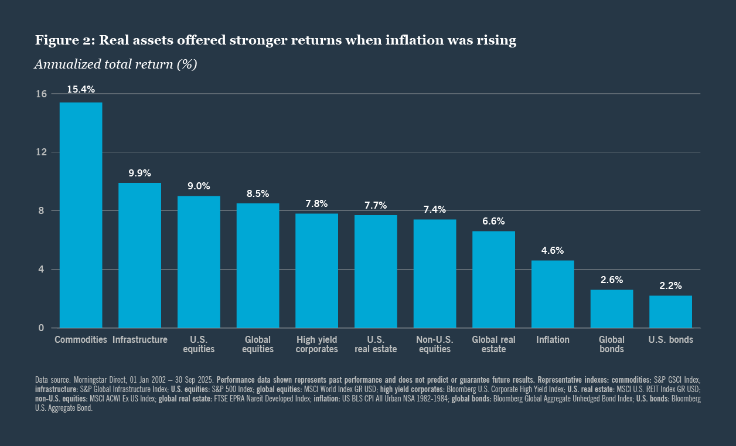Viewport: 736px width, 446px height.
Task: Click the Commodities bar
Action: click(x=81, y=215)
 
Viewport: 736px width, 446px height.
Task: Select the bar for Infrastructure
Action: click(x=140, y=256)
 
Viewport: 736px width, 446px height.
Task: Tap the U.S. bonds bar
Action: click(x=670, y=312)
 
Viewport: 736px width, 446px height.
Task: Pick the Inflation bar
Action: click(x=553, y=294)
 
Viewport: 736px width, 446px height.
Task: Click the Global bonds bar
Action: click(x=611, y=309)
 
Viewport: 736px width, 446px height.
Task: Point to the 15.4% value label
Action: click(x=81, y=90)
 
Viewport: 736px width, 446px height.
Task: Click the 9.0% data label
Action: click(x=199, y=186)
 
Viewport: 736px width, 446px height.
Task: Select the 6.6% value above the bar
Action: click(x=493, y=221)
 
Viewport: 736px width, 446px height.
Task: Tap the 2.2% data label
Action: click(x=670, y=286)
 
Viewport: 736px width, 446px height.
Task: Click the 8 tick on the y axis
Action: click(x=42, y=211)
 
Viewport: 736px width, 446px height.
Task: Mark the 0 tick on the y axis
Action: click(x=42, y=328)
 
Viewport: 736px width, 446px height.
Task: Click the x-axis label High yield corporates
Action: click(x=316, y=345)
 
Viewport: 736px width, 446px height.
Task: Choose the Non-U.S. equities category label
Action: click(x=434, y=345)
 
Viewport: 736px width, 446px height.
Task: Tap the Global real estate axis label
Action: click(x=493, y=345)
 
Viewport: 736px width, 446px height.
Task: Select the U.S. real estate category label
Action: click(x=376, y=345)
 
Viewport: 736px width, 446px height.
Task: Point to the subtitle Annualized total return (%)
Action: click(x=115, y=64)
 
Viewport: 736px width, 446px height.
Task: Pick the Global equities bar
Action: click(x=258, y=265)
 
